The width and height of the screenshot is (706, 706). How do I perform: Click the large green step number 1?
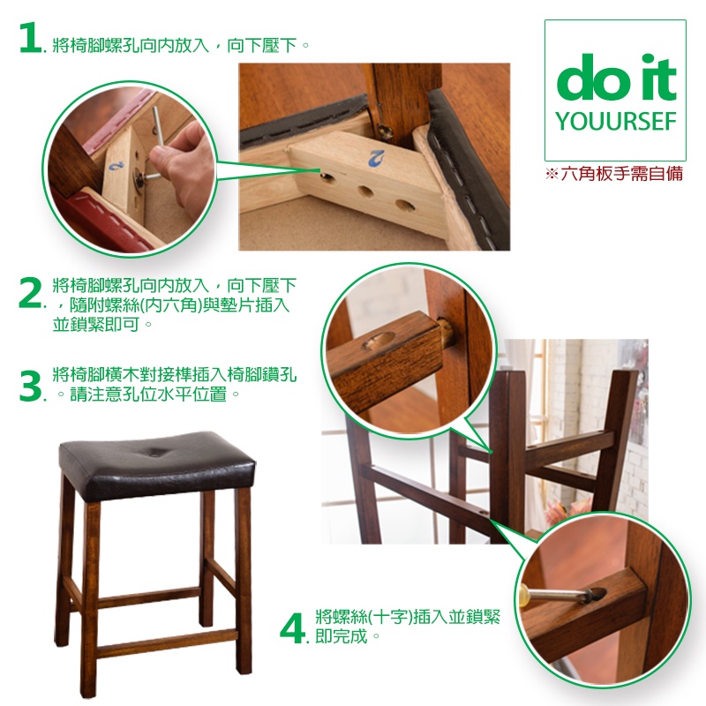(30, 38)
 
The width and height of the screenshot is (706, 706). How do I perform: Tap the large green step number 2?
(30, 293)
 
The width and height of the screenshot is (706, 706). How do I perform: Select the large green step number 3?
(30, 386)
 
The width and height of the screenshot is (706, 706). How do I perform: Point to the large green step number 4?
(292, 627)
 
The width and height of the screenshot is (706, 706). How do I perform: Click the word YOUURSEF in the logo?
(615, 122)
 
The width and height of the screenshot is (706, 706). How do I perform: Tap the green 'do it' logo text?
(616, 77)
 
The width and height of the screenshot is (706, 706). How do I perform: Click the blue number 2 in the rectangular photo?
(377, 159)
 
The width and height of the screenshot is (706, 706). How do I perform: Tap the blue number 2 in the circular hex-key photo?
(116, 165)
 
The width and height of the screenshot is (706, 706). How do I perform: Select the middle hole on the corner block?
(365, 192)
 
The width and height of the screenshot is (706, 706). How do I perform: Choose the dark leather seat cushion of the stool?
(157, 465)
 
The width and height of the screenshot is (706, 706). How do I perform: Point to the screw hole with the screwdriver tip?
(598, 595)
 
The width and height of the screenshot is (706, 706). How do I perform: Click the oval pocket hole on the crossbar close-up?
(379, 342)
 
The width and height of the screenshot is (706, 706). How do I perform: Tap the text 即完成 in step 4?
(342, 635)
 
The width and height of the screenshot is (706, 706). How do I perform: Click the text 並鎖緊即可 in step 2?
(96, 324)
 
